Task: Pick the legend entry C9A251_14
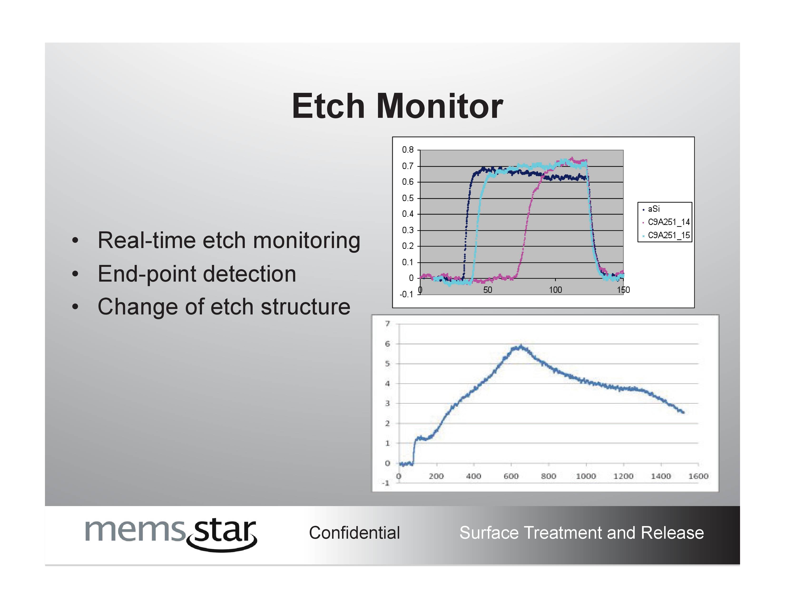[x=668, y=222]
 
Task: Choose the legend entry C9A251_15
[x=668, y=235]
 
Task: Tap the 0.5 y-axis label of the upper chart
[x=408, y=198]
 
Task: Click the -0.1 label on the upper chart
[x=407, y=294]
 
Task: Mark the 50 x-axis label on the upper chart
[x=488, y=290]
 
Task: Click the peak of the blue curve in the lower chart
[x=521, y=346]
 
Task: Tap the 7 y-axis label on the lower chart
[x=388, y=324]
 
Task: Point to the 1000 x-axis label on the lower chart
[x=586, y=476]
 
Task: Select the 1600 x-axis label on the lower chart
[x=698, y=476]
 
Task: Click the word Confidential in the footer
[x=354, y=532]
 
